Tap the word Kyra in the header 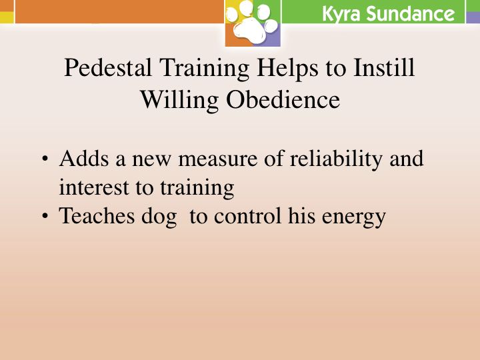[x=341, y=14]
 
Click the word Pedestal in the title [x=108, y=67]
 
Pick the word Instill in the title [x=384, y=67]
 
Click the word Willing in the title [x=180, y=101]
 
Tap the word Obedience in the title [x=283, y=99]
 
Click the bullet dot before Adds [x=45, y=159]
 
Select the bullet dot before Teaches [x=45, y=216]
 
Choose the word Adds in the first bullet [x=84, y=158]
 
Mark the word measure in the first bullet [x=217, y=159]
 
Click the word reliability [x=336, y=159]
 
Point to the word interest [x=94, y=187]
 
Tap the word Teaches [x=97, y=215]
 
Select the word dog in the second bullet [x=159, y=217]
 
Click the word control [x=247, y=215]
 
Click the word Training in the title [x=204, y=69]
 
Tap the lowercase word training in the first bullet [x=197, y=188]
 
